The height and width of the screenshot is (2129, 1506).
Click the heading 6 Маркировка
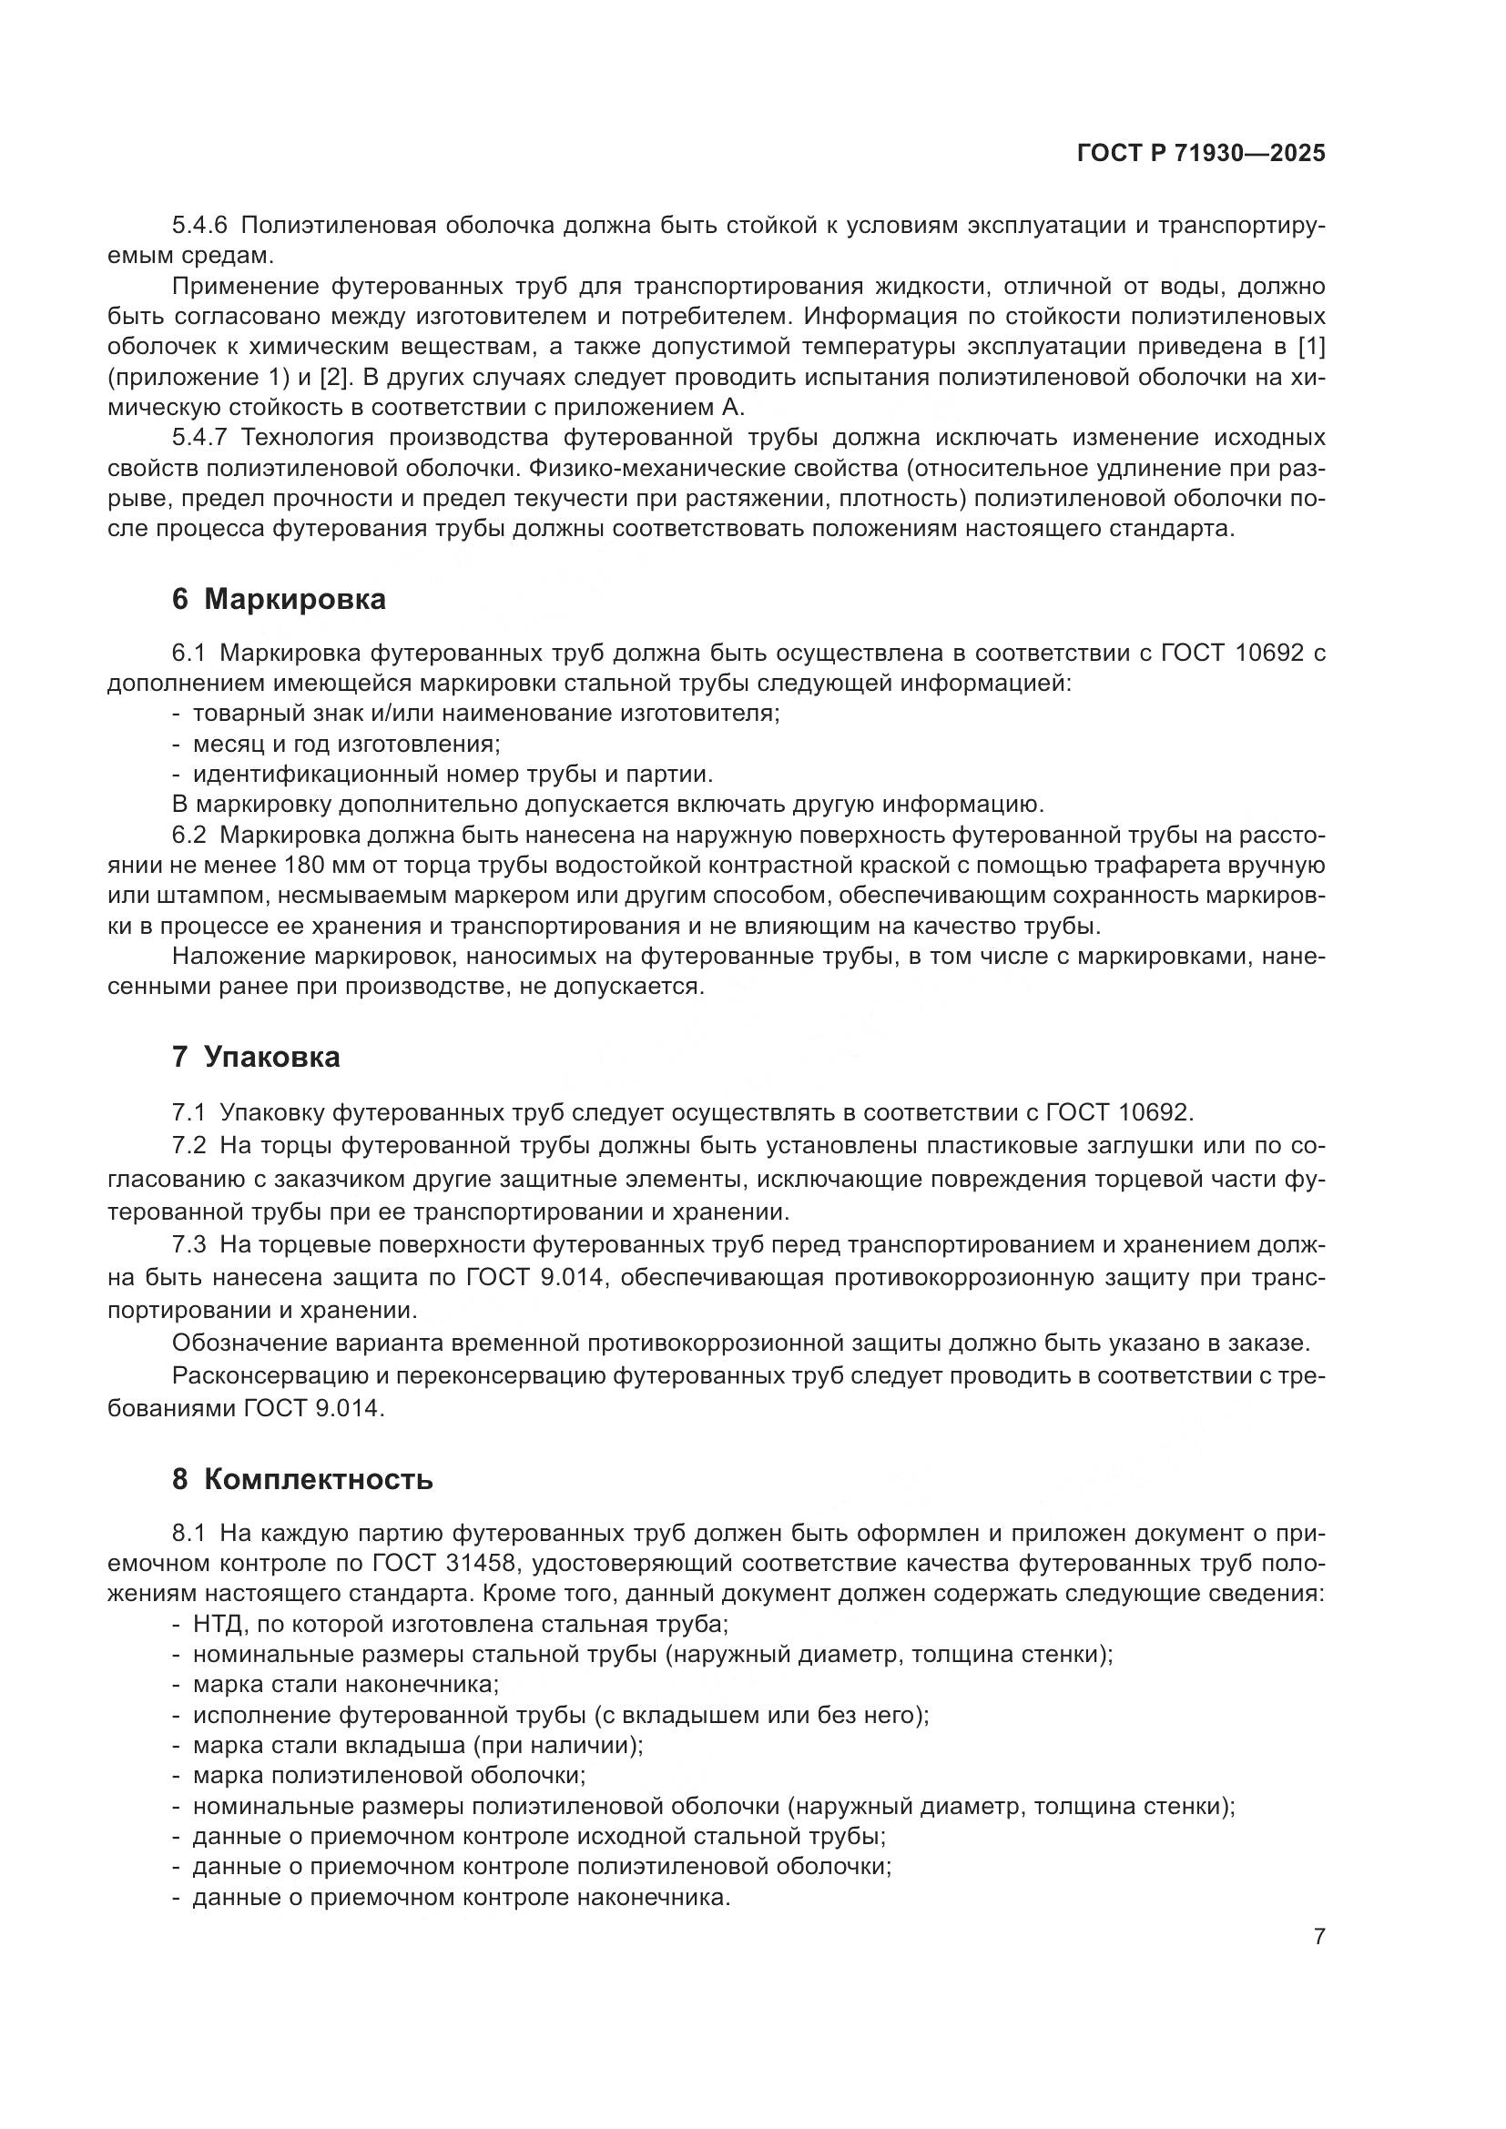pos(279,600)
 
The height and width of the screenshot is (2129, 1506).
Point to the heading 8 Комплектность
pos(302,1479)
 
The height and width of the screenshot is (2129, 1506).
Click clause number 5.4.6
pos(199,226)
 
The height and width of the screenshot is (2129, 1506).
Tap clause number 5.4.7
pos(199,438)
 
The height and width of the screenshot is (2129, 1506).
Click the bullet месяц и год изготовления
pos(346,744)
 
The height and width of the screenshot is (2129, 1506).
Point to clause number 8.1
pos(189,1534)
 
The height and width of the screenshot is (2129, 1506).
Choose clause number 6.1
pos(189,654)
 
